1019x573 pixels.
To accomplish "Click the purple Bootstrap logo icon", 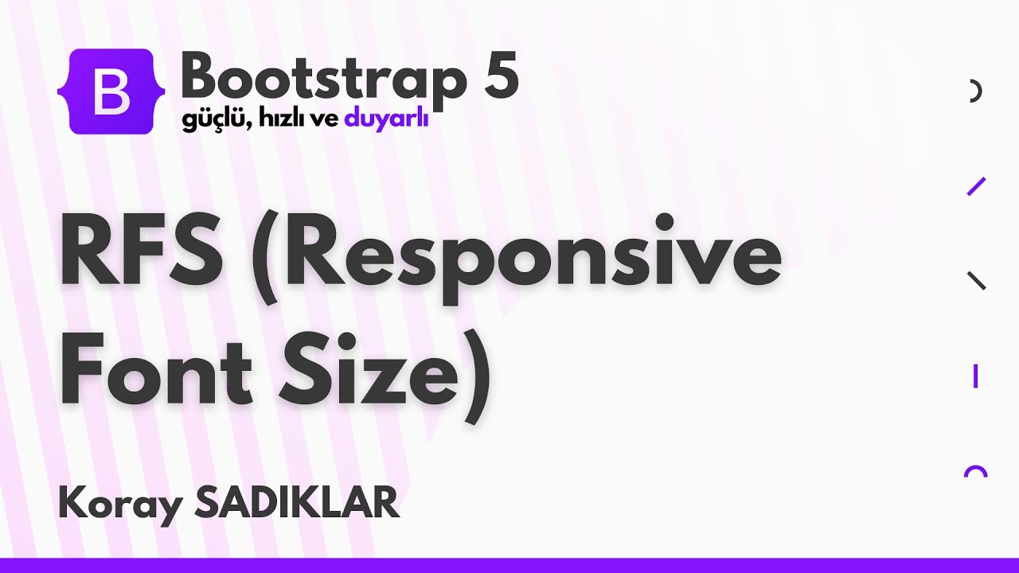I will [x=111, y=92].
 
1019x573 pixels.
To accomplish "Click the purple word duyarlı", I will [x=386, y=121].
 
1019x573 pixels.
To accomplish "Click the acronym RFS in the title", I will [x=140, y=255].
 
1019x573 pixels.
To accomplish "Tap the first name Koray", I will [x=119, y=505].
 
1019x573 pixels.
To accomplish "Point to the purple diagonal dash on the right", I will [x=976, y=186].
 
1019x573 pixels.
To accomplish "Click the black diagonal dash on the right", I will [x=976, y=280].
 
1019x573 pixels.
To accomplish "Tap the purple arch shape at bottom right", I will [x=975, y=471].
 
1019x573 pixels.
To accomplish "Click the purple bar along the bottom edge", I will [x=509, y=565].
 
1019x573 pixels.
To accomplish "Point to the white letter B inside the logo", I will [x=111, y=93].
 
